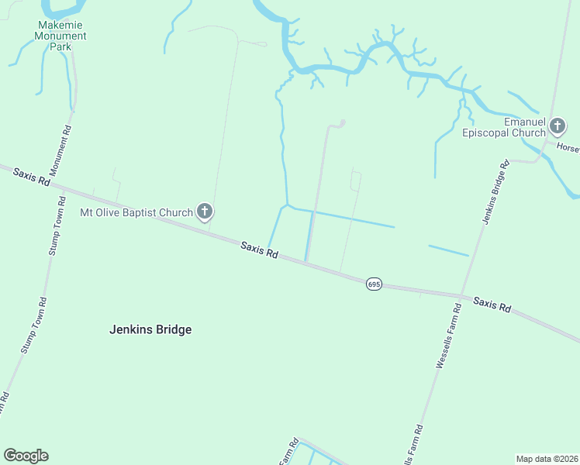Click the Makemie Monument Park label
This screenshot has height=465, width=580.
pyautogui.click(x=61, y=36)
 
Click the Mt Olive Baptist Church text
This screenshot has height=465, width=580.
pyautogui.click(x=136, y=212)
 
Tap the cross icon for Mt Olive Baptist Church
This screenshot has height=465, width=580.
pyautogui.click(x=205, y=211)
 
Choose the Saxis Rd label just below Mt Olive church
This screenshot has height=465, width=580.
pyautogui.click(x=259, y=250)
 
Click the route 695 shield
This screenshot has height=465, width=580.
pyautogui.click(x=374, y=284)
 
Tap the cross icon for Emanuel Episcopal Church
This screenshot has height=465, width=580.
pyautogui.click(x=557, y=126)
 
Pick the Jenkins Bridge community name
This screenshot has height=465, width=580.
pyautogui.click(x=150, y=329)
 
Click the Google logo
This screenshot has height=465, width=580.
pyautogui.click(x=26, y=456)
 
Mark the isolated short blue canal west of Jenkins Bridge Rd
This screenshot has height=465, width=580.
pyautogui.click(x=448, y=250)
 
